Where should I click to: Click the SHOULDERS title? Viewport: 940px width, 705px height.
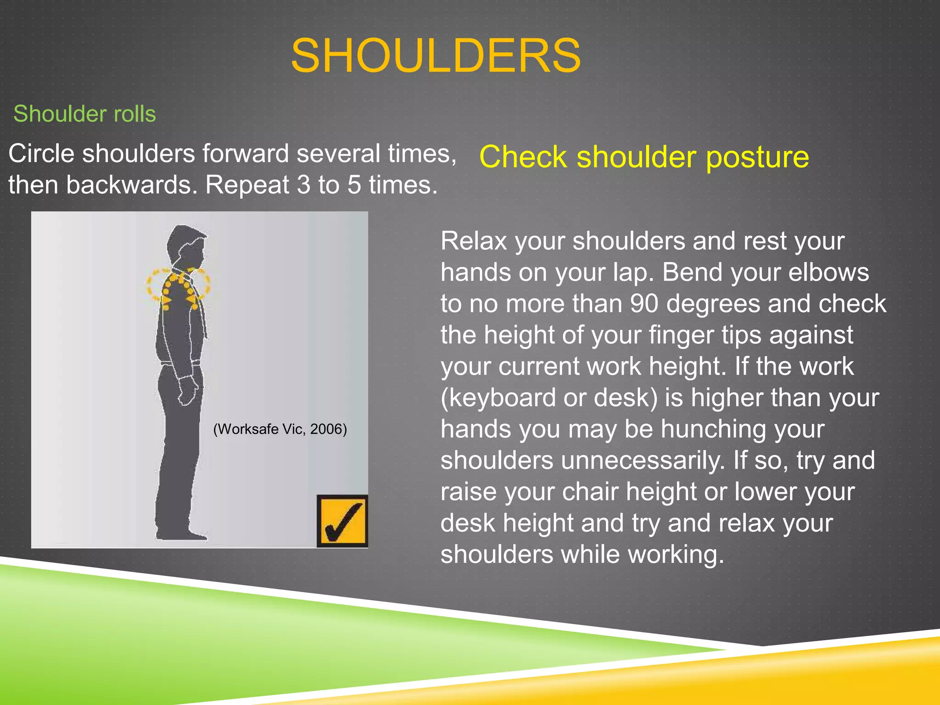pos(436,56)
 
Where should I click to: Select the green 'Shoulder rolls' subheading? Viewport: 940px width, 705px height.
pos(84,114)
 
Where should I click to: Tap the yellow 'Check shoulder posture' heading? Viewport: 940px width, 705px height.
pos(643,157)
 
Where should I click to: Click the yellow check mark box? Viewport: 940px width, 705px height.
pos(342,521)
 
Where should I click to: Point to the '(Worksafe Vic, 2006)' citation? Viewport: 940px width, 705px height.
pos(280,429)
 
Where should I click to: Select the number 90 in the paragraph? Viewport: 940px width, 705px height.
pos(644,304)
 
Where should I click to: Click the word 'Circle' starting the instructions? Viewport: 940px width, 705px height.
pos(41,153)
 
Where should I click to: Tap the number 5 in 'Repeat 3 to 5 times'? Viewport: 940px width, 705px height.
pos(354,185)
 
